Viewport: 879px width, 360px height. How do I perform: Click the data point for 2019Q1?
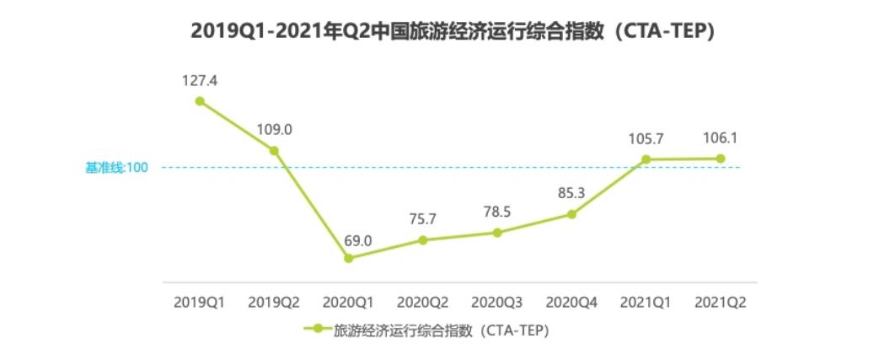(200, 101)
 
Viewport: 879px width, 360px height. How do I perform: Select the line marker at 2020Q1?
(349, 258)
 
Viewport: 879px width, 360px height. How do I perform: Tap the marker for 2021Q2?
(721, 159)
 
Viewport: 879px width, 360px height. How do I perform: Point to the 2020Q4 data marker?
(571, 214)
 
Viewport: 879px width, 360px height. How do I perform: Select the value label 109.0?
(275, 130)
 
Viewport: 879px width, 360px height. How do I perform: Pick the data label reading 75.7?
(423, 218)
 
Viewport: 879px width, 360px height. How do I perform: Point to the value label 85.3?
(571, 193)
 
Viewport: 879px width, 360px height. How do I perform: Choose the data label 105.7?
(646, 138)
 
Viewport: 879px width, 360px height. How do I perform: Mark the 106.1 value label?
(721, 138)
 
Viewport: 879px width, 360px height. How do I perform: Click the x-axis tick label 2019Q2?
(274, 301)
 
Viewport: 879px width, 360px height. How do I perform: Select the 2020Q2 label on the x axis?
(423, 301)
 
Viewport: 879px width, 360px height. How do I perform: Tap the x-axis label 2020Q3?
(497, 301)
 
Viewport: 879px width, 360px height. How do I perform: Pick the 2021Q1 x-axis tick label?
(646, 301)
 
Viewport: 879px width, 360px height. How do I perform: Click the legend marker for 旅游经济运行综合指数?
(318, 330)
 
